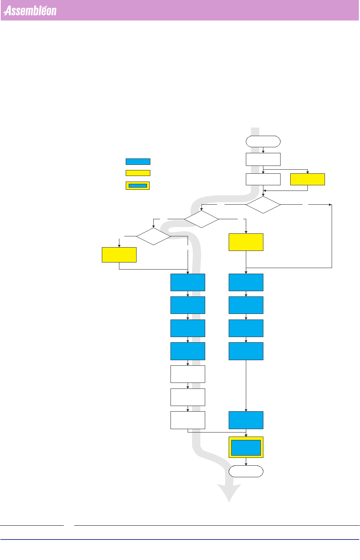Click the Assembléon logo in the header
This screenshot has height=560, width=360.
tap(30, 11)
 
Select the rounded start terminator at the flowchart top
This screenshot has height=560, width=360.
tap(263, 141)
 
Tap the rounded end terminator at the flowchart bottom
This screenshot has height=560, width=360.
tap(246, 471)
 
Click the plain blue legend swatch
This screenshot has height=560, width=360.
tap(138, 161)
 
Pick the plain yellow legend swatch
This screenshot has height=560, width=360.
tap(138, 173)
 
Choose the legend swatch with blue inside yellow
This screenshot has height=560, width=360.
tap(138, 185)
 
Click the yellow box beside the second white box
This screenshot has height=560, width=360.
tap(307, 179)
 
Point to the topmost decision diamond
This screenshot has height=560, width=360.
tap(263, 205)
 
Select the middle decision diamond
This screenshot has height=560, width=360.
tap(201, 219)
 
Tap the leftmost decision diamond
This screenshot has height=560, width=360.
tap(154, 236)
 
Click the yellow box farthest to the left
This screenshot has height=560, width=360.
tap(119, 255)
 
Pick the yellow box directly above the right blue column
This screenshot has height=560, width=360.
tap(246, 242)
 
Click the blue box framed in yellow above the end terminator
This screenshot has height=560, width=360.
tap(246, 447)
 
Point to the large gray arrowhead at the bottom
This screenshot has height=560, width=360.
tap(229, 492)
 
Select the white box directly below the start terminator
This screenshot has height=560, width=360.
tap(263, 159)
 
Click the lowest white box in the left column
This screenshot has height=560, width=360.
tap(188, 420)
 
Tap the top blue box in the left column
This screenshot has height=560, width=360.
tap(188, 282)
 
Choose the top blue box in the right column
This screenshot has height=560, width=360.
tap(246, 282)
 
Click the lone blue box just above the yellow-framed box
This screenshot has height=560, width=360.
tap(246, 420)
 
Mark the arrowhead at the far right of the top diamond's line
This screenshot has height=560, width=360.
tap(330, 205)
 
